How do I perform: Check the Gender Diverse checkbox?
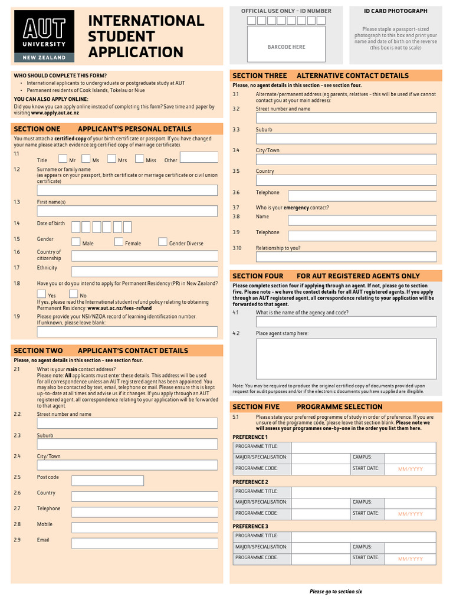pos(163,242)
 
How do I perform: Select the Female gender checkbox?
pos(119,242)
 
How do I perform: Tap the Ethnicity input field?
pos(145,271)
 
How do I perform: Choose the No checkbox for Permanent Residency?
pos(74,294)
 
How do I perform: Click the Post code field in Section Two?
pos(107,481)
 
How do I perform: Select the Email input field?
pos(145,543)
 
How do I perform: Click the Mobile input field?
pos(145,527)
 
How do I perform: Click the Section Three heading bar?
pos(336,75)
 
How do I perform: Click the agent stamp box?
pos(346,359)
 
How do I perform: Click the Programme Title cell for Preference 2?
pos(363,492)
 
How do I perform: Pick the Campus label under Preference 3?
pos(362,547)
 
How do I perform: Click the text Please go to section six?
pos(336,591)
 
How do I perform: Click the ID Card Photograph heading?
pos(396,11)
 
